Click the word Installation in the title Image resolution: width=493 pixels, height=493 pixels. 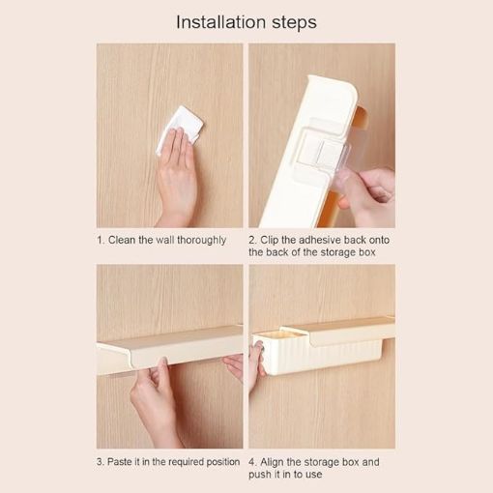point(219,21)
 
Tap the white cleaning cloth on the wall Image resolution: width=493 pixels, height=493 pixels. point(181,130)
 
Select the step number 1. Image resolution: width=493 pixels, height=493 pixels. point(99,240)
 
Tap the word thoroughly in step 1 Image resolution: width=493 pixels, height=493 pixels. point(200,240)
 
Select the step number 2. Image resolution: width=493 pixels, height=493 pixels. point(252,240)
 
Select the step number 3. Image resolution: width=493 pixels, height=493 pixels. point(99,462)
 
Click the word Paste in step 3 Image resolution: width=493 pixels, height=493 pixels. point(123,462)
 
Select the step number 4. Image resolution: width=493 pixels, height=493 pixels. point(252,462)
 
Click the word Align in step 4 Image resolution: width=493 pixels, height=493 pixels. point(275,462)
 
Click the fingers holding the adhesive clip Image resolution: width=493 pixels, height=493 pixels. point(372,188)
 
